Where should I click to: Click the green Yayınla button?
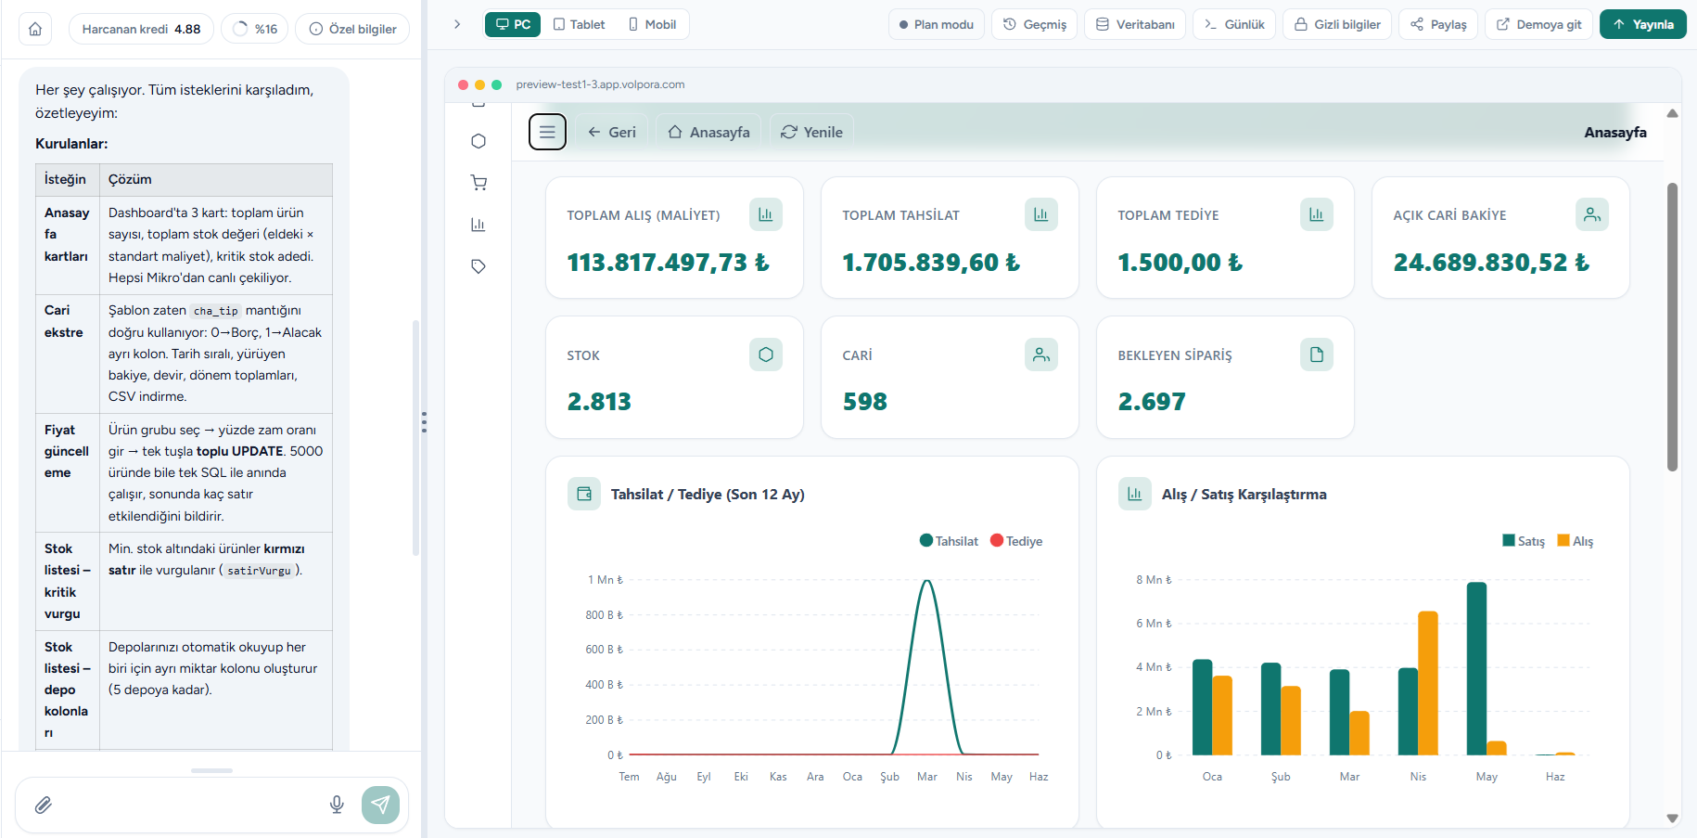(x=1642, y=24)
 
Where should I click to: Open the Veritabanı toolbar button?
(x=1135, y=24)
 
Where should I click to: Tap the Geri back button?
(x=612, y=132)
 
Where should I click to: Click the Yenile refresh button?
(x=812, y=132)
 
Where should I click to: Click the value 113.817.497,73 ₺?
(x=668, y=263)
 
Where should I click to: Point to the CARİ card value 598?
(x=865, y=402)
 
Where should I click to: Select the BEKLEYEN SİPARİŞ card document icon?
(x=1317, y=355)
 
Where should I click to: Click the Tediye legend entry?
(x=1016, y=541)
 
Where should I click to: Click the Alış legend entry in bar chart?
(x=1576, y=541)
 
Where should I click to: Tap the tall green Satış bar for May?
(x=1476, y=668)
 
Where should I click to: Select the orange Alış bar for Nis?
(x=1428, y=683)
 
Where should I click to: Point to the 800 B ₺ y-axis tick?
(x=604, y=614)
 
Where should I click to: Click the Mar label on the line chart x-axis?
(x=927, y=777)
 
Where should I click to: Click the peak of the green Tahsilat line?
(x=927, y=581)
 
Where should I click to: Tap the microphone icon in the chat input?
(x=337, y=805)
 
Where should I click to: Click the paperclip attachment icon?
(x=44, y=805)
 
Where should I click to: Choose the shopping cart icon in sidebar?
(x=478, y=183)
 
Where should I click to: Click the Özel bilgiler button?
(x=352, y=29)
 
